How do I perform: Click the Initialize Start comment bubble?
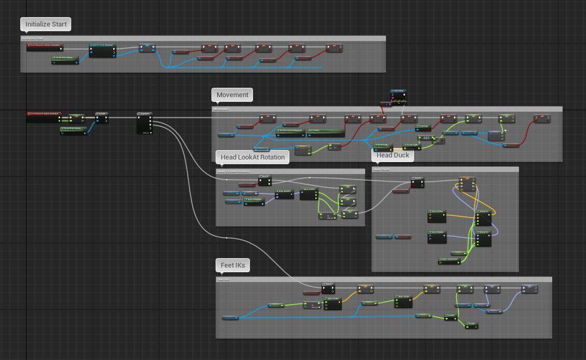point(46,24)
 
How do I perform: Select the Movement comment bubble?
point(232,95)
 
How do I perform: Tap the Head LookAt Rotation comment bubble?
point(252,157)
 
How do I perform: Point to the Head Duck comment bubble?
point(393,155)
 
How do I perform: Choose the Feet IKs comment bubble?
point(233,265)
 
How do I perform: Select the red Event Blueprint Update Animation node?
point(44,113)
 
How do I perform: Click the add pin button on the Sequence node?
point(146,132)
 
